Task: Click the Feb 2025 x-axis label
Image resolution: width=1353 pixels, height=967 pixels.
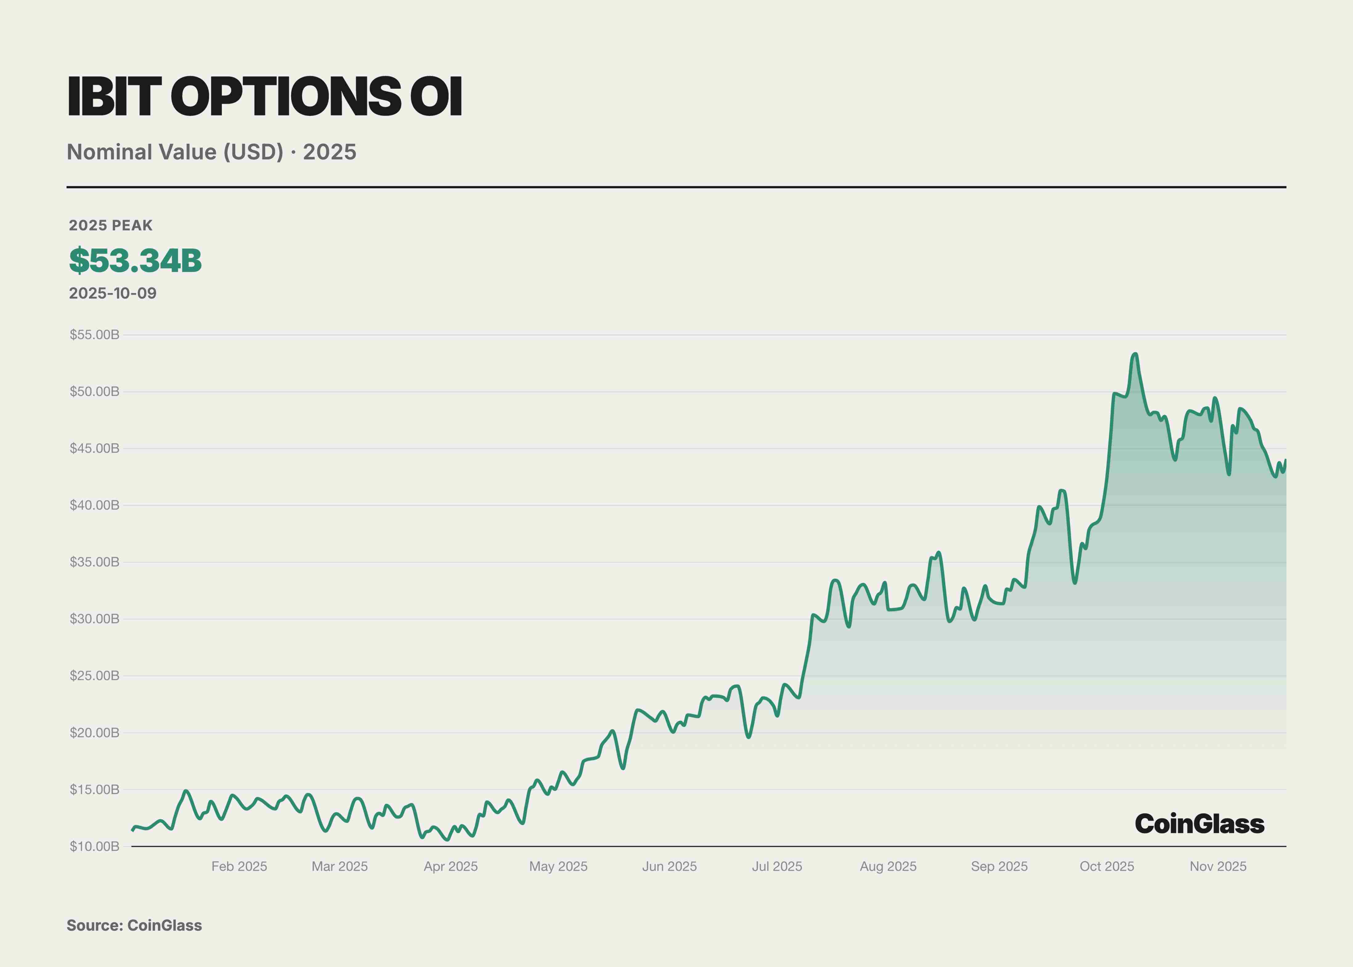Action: point(239,866)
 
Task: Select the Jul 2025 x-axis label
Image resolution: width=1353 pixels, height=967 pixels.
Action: point(777,866)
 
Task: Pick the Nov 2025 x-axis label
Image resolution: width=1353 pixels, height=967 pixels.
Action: point(1218,866)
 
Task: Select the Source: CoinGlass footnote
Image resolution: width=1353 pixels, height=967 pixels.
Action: point(134,925)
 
